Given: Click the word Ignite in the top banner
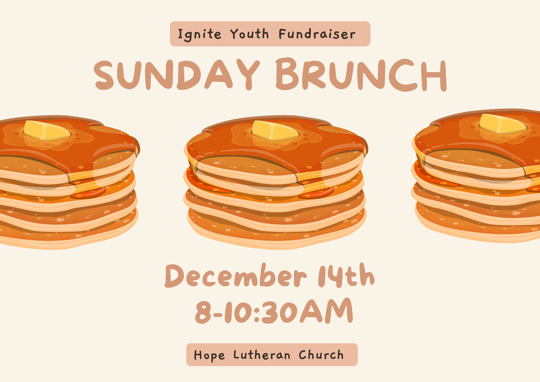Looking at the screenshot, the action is [x=200, y=35].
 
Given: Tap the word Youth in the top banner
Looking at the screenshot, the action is [x=250, y=34].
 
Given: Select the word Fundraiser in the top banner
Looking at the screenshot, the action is [x=317, y=34].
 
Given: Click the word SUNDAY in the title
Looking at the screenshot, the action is [x=177, y=75].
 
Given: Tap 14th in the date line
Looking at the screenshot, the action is [x=346, y=275].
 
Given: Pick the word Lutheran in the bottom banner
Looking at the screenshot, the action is [x=262, y=355].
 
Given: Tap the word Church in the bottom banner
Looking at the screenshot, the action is [x=321, y=355].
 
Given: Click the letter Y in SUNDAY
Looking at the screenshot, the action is [x=248, y=75].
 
